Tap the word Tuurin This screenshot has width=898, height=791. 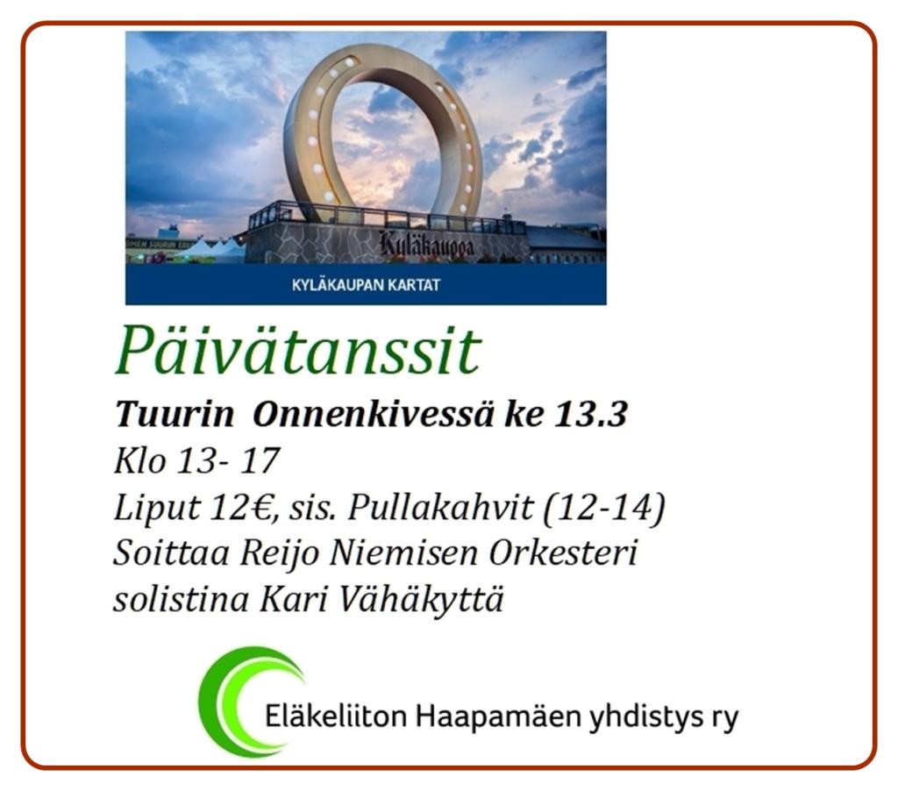175,414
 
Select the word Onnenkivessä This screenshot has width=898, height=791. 373,414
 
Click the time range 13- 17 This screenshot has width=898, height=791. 228,460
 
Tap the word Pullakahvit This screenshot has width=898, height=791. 441,508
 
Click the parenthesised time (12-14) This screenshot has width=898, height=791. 603,508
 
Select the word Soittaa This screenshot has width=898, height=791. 171,554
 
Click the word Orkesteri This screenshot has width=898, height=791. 563,554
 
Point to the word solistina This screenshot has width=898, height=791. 182,601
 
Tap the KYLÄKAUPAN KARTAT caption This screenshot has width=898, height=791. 366,285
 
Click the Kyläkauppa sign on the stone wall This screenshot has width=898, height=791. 427,246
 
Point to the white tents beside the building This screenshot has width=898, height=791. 213,250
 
